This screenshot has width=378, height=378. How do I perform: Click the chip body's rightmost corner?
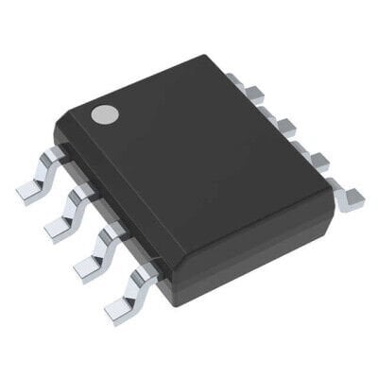click(335, 189)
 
